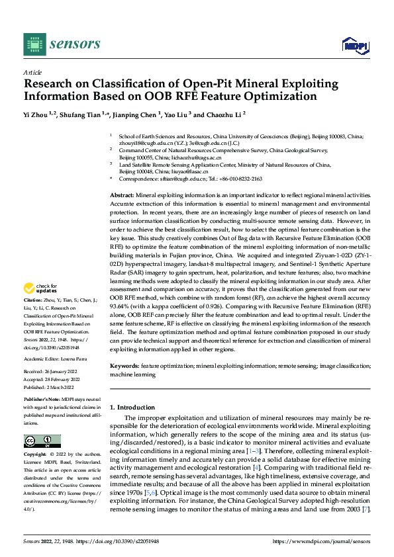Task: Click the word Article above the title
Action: pos(32,72)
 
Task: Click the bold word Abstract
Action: pos(122,196)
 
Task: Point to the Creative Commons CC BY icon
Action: pos(42,441)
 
